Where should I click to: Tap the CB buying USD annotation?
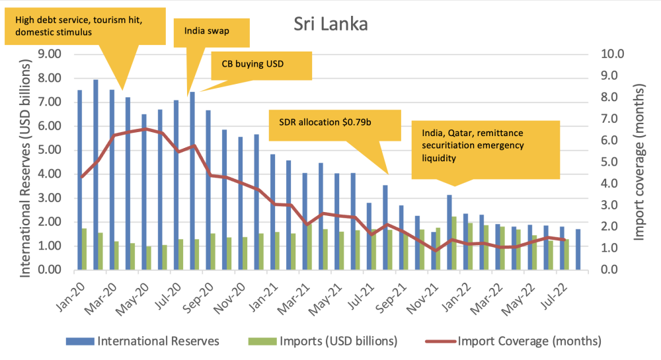coord(260,65)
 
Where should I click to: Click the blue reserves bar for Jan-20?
coord(80,180)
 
